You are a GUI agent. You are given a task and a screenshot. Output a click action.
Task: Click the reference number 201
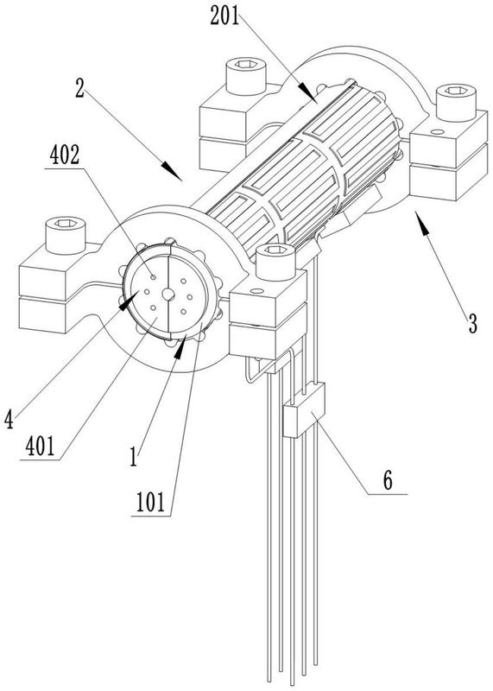224,16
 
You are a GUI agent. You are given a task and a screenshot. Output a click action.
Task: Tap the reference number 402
65,155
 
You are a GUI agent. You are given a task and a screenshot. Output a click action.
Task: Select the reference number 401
40,447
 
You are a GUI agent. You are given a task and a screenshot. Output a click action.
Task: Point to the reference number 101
151,503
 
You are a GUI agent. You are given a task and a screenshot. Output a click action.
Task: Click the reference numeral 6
388,481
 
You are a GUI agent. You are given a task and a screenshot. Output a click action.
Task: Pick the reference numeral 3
472,325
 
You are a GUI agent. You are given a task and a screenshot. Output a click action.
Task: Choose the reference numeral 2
79,89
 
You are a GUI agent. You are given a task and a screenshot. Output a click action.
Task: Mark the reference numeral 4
9,419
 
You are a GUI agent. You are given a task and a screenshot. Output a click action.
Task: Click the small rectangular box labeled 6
304,409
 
